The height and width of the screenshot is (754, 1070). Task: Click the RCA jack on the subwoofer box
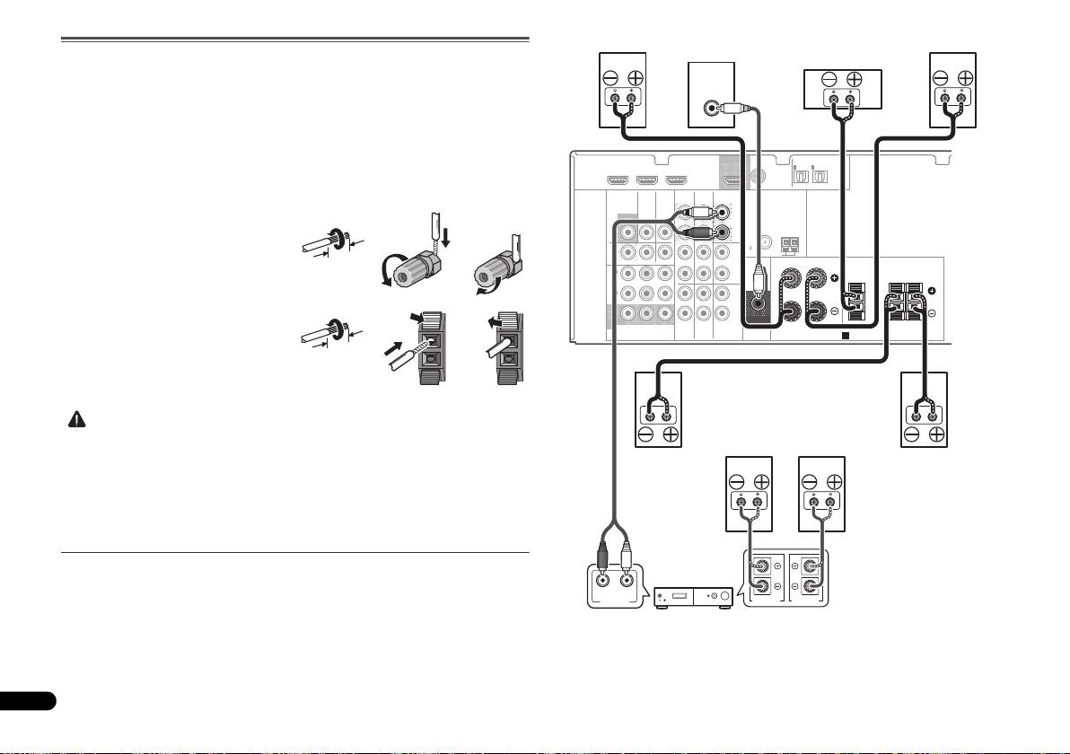(712, 110)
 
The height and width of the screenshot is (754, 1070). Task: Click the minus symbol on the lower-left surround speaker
(648, 436)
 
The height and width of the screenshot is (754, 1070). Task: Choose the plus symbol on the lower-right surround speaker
(937, 436)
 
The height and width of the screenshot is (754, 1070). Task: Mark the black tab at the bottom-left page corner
(28, 699)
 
